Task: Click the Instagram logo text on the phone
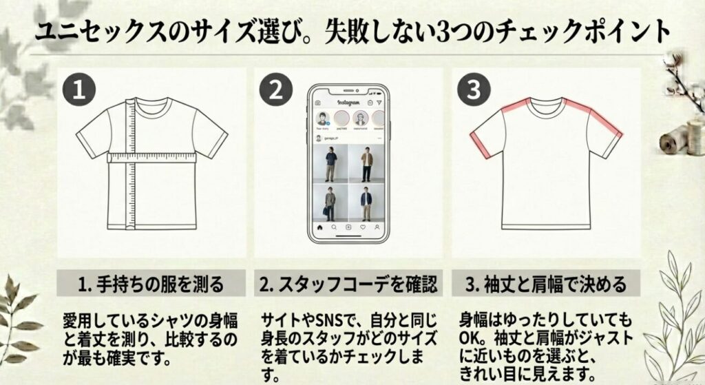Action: pyautogui.click(x=349, y=103)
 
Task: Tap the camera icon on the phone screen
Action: pyautogui.click(x=318, y=103)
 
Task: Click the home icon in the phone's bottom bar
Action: pyautogui.click(x=319, y=227)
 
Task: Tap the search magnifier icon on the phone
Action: pyautogui.click(x=334, y=227)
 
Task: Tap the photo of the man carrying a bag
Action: pyautogui.click(x=330, y=202)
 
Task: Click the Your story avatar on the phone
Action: pyautogui.click(x=322, y=119)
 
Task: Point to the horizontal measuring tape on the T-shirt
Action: pyautogui.click(x=152, y=158)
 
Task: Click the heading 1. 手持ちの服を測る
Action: pyautogui.click(x=151, y=283)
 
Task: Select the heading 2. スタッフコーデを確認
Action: pyautogui.click(x=348, y=283)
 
